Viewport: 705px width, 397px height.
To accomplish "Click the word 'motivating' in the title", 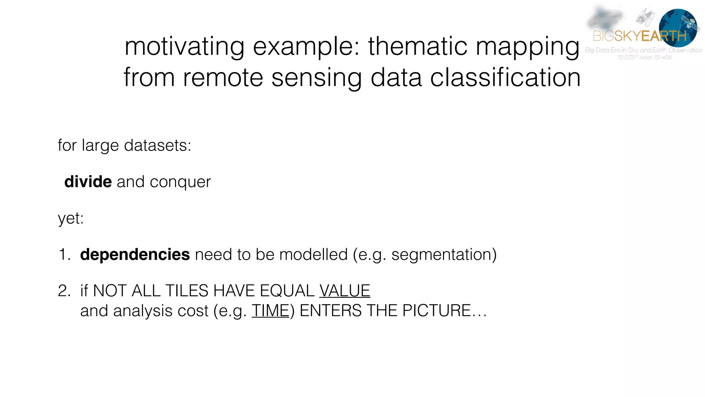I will point(185,47).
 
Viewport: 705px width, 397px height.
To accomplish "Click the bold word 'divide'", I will point(88,182).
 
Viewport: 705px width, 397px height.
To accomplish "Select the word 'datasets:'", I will point(157,145).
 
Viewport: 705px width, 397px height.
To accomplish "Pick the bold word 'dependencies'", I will point(135,255).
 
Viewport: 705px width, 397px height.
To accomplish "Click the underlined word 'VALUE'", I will point(345,291).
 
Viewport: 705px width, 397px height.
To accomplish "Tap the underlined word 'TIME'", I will point(270,311).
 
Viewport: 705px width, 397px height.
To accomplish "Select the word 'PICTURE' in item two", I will point(436,311).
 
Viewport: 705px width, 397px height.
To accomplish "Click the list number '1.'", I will point(64,255).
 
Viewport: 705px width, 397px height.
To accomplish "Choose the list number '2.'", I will point(64,291).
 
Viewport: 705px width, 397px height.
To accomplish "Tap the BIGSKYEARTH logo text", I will point(640,36).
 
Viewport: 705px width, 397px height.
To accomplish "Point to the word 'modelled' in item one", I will point(313,255).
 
